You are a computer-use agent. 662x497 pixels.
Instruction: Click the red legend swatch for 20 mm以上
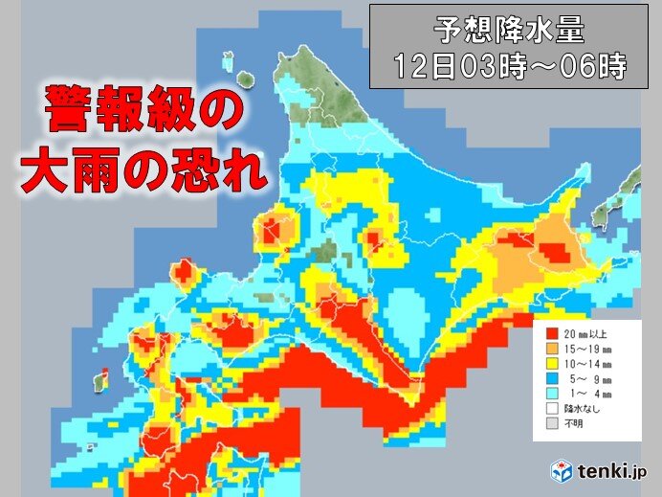coord(552,335)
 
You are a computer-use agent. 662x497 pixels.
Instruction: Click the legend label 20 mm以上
coord(584,335)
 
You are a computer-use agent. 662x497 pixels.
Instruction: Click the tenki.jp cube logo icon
coord(562,471)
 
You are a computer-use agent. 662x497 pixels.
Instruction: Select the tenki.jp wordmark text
coord(611,472)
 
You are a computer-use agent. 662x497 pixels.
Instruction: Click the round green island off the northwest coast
coord(244,79)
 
